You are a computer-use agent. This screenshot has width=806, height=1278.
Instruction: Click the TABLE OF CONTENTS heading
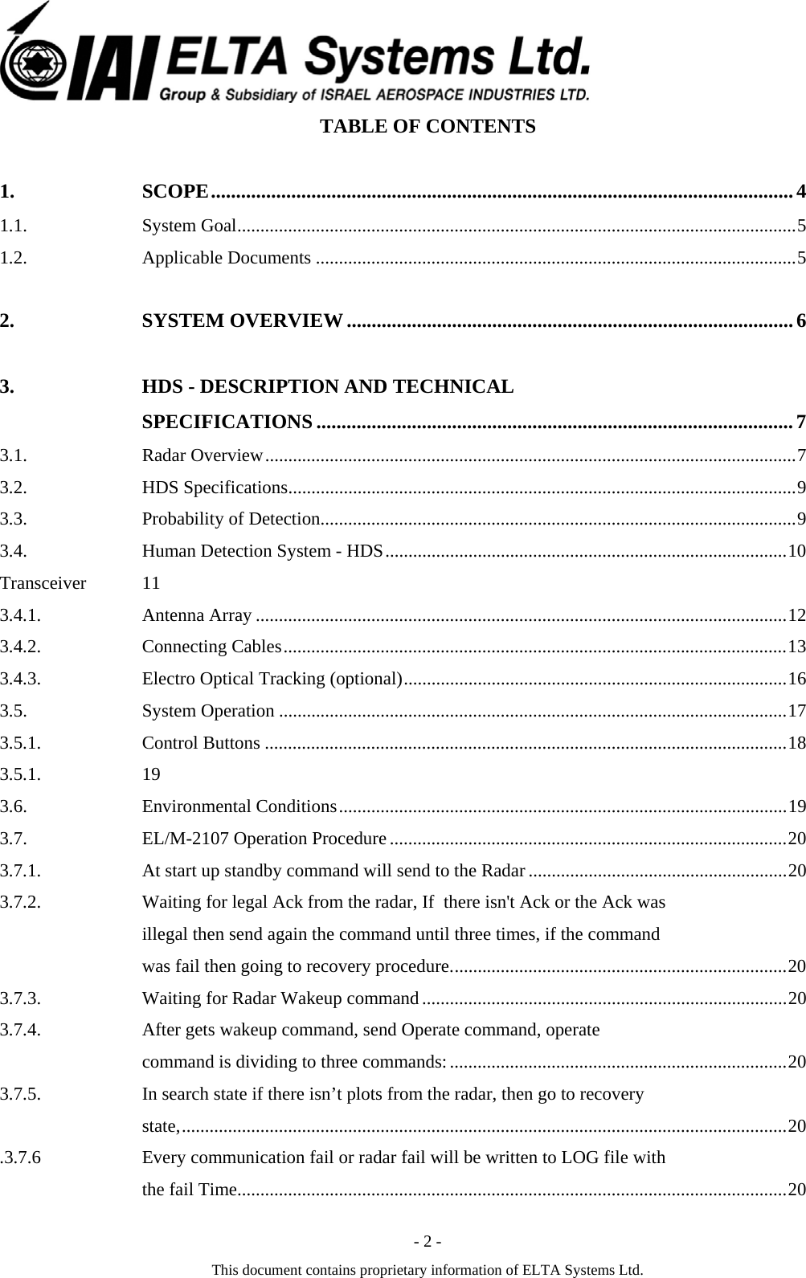click(428, 127)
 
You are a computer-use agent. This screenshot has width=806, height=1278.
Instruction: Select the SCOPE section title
click(176, 191)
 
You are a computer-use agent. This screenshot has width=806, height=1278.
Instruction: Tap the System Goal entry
click(189, 226)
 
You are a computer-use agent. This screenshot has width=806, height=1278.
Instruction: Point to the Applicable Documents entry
click(227, 258)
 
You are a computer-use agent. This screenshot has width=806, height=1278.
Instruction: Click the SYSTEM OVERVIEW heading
click(243, 321)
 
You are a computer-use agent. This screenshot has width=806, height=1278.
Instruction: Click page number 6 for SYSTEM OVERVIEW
click(800, 321)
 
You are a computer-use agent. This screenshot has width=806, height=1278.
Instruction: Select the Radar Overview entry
click(203, 456)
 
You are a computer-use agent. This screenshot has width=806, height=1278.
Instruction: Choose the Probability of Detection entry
click(231, 519)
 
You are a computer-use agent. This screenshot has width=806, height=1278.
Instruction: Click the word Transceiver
click(43, 583)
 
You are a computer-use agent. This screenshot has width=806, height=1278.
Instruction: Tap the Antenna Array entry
click(197, 615)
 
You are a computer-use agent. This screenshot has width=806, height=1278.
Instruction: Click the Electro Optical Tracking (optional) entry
click(272, 679)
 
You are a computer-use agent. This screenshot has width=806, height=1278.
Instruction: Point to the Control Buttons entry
click(201, 743)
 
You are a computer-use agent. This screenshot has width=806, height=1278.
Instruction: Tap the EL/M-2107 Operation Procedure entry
click(264, 839)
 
